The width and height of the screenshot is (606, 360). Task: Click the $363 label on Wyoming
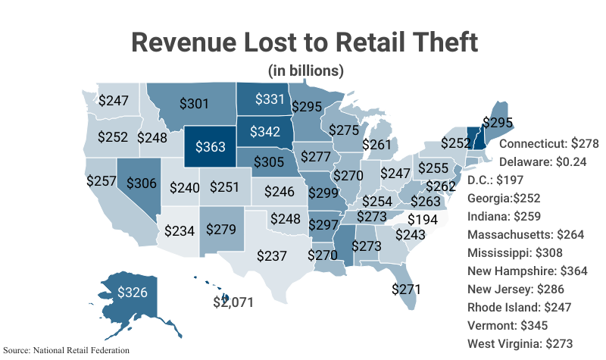tap(211, 147)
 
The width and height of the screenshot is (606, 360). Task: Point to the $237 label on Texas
tap(273, 255)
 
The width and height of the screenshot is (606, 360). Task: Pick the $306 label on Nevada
tap(142, 183)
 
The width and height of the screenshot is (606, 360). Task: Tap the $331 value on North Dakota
tap(269, 99)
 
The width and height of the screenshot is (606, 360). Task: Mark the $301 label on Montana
tap(195, 103)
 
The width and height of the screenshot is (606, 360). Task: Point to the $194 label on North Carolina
tap(422, 219)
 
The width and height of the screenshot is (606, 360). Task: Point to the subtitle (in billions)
tap(306, 70)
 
